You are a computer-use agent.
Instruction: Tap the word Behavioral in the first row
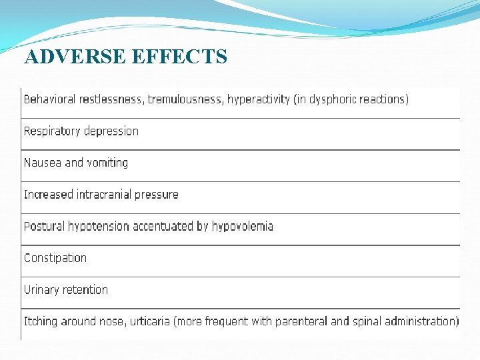pyautogui.click(x=50, y=99)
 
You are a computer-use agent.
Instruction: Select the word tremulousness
pyautogui.click(x=185, y=99)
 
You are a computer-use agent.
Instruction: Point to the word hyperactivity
pyautogui.click(x=258, y=99)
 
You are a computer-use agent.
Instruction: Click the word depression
pyautogui.click(x=111, y=131)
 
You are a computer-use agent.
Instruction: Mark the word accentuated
pyautogui.click(x=163, y=226)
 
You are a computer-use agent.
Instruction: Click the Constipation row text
pyautogui.click(x=55, y=258)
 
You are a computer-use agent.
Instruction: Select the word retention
pyautogui.click(x=86, y=290)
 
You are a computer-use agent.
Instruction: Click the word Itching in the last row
pyautogui.click(x=41, y=321)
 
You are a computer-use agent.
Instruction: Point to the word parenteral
pyautogui.click(x=301, y=321)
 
